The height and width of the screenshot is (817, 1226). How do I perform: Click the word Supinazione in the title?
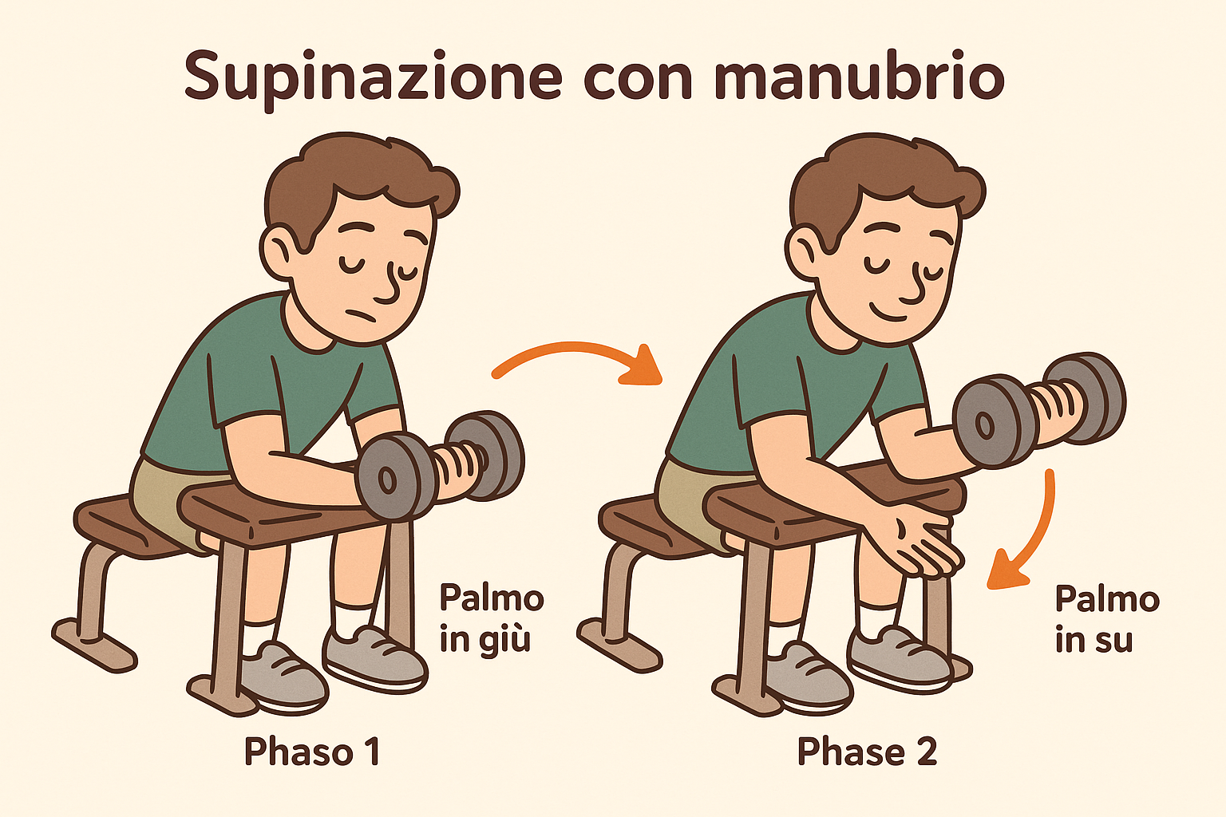pos(374,77)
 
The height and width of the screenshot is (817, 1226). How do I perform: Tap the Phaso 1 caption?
pos(311,752)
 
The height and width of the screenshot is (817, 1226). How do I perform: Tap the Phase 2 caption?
pos(867,752)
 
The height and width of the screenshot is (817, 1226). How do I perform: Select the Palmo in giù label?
pos(491,619)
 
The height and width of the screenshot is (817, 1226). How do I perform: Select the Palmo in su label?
pos(1107,619)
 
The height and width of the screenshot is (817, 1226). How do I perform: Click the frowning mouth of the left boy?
pos(358,317)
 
